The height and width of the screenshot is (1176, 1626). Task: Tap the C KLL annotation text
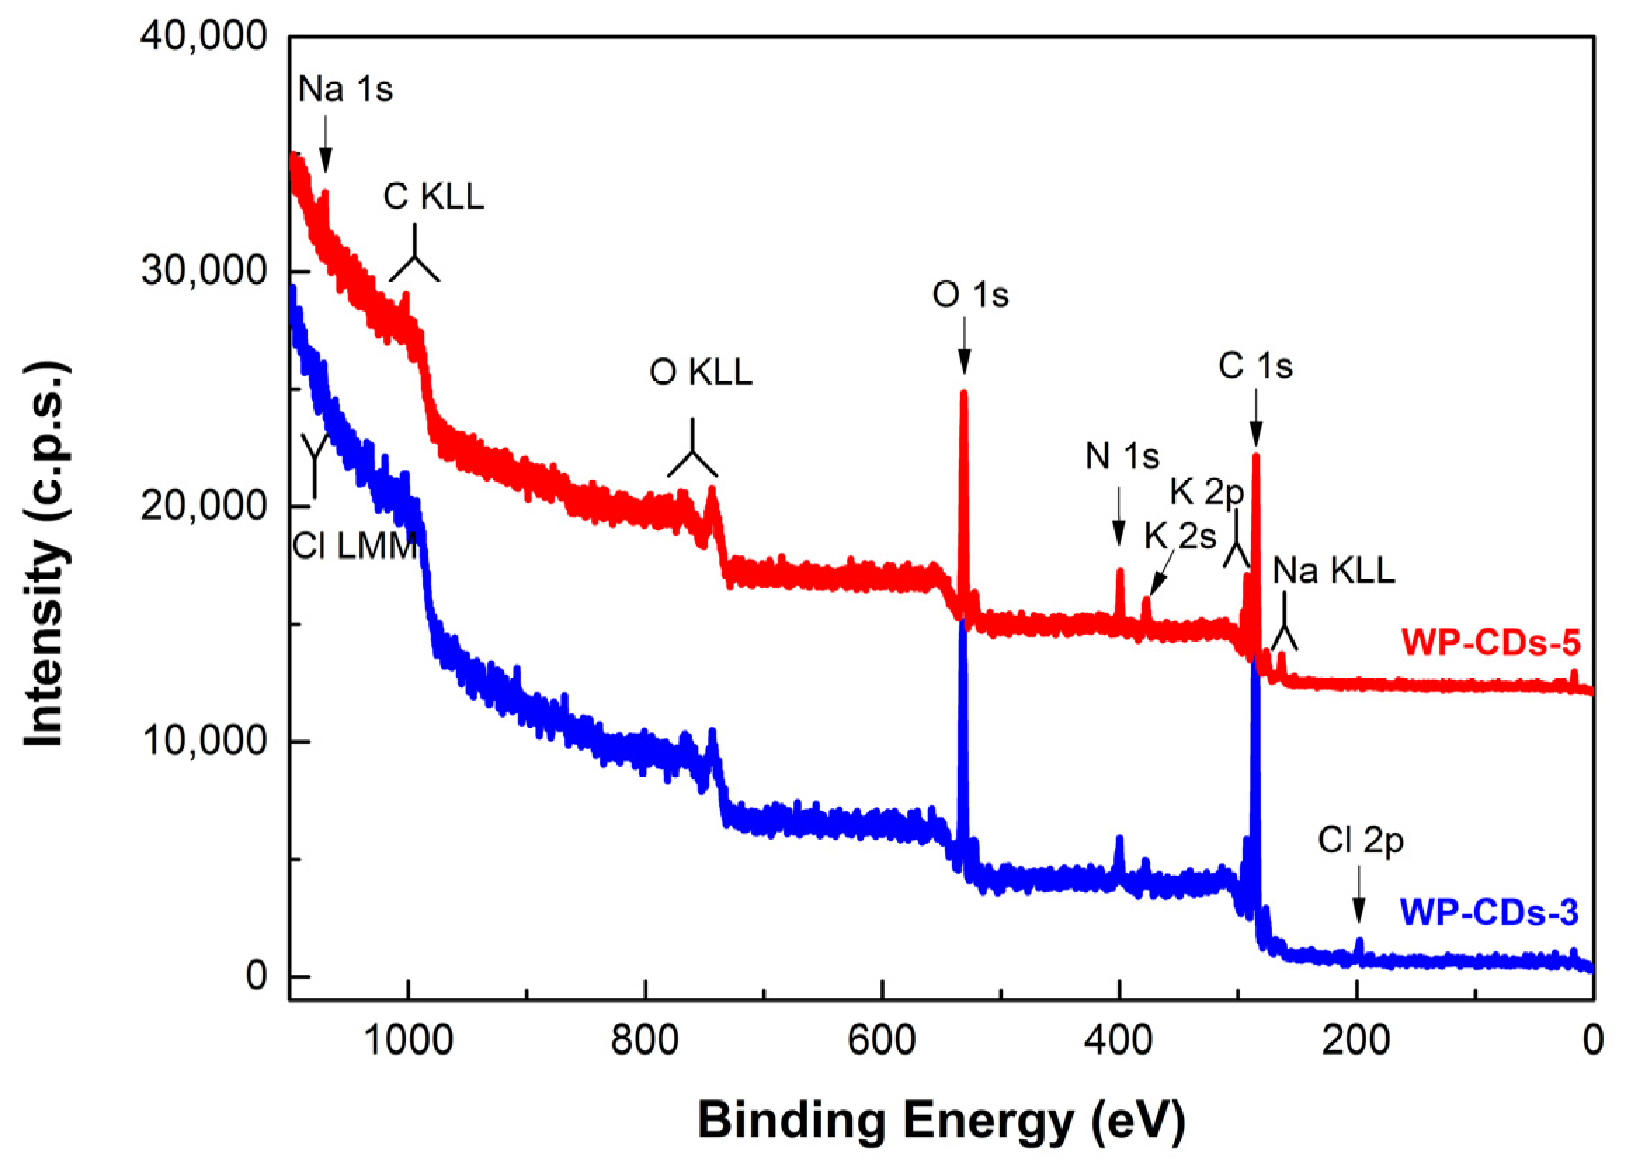pyautogui.click(x=434, y=197)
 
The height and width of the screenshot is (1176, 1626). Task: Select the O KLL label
pyautogui.click(x=701, y=373)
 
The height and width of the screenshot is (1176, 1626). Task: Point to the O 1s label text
pyautogui.click(x=970, y=296)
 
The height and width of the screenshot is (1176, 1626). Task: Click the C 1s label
pyautogui.click(x=1255, y=367)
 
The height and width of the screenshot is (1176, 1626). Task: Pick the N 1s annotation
pyautogui.click(x=1122, y=457)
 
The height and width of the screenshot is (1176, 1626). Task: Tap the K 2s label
pyautogui.click(x=1179, y=536)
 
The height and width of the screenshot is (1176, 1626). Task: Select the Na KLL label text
pyautogui.click(x=1333, y=572)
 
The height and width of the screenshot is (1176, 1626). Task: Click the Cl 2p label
pyautogui.click(x=1360, y=841)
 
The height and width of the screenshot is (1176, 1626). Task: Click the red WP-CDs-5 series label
pyautogui.click(x=1490, y=643)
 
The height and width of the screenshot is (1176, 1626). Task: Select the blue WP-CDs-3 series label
pyautogui.click(x=1489, y=913)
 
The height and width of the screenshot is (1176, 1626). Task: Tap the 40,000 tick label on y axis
pyautogui.click(x=204, y=36)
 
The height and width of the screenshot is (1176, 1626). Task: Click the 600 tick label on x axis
pyautogui.click(x=881, y=1040)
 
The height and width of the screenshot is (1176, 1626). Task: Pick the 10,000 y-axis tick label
pyautogui.click(x=204, y=741)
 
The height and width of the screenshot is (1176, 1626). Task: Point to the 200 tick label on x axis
pyautogui.click(x=1356, y=1040)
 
